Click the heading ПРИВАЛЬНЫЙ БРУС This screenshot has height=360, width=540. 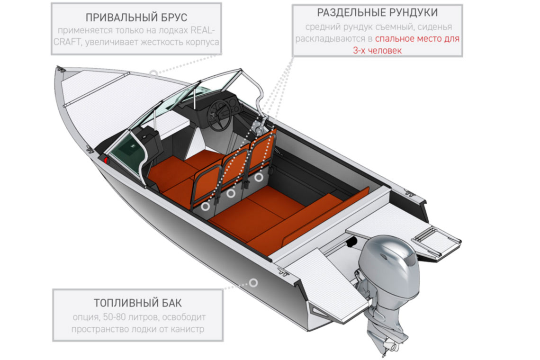(136, 17)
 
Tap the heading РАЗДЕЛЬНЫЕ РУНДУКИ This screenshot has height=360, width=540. (378, 13)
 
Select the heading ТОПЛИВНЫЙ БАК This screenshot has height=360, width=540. (138, 303)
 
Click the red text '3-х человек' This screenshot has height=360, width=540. (378, 51)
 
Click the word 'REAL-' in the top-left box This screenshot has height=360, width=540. (203, 30)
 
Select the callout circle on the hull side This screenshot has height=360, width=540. (253, 283)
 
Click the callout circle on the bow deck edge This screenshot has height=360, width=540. (153, 73)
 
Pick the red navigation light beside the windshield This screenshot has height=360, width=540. (106, 161)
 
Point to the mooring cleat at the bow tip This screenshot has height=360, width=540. (61, 69)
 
